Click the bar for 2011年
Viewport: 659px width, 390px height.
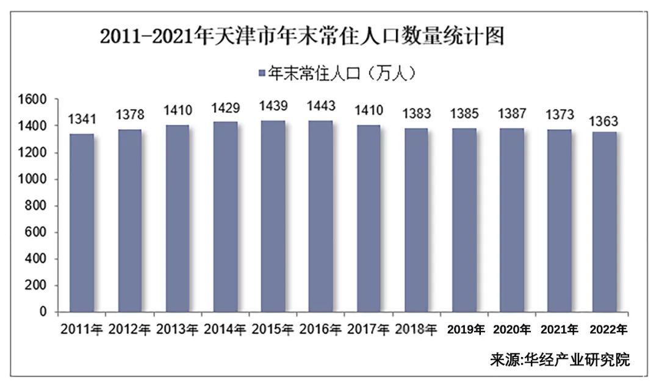82,223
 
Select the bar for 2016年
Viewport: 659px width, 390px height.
321,216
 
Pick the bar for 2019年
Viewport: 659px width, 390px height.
464,220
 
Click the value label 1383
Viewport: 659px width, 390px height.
417,114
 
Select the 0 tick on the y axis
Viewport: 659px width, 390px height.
43,312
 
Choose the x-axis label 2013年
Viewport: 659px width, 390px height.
178,330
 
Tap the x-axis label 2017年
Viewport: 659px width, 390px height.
369,330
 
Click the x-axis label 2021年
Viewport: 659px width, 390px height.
560,330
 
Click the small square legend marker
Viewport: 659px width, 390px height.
261,74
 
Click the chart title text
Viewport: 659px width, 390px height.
303,37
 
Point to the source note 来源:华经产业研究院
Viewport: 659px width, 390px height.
560,360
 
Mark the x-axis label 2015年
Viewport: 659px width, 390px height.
273,330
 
